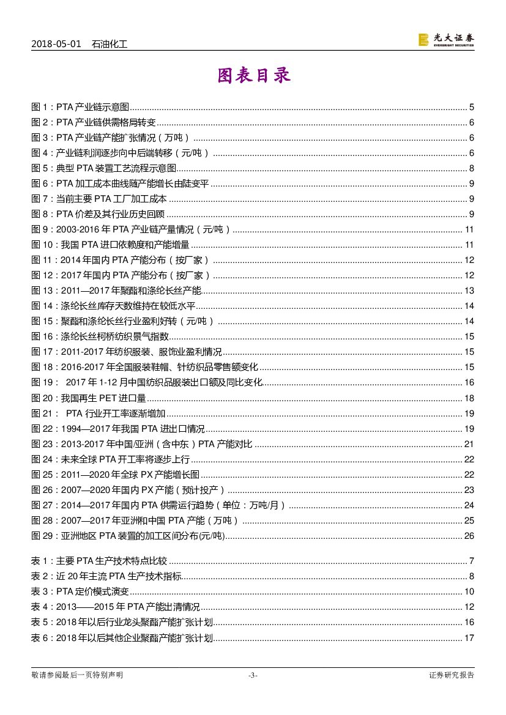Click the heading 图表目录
253,76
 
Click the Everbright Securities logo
445,40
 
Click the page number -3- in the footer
253,675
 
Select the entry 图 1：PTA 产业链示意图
80,107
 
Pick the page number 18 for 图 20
469,398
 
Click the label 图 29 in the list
42,536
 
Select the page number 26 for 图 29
469,536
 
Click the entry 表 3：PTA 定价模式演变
80,591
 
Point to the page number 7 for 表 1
472,561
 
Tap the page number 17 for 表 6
469,638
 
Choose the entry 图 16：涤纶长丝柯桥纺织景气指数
100,336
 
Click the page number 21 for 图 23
469,444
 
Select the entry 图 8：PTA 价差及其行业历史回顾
99,214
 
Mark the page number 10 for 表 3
469,591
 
